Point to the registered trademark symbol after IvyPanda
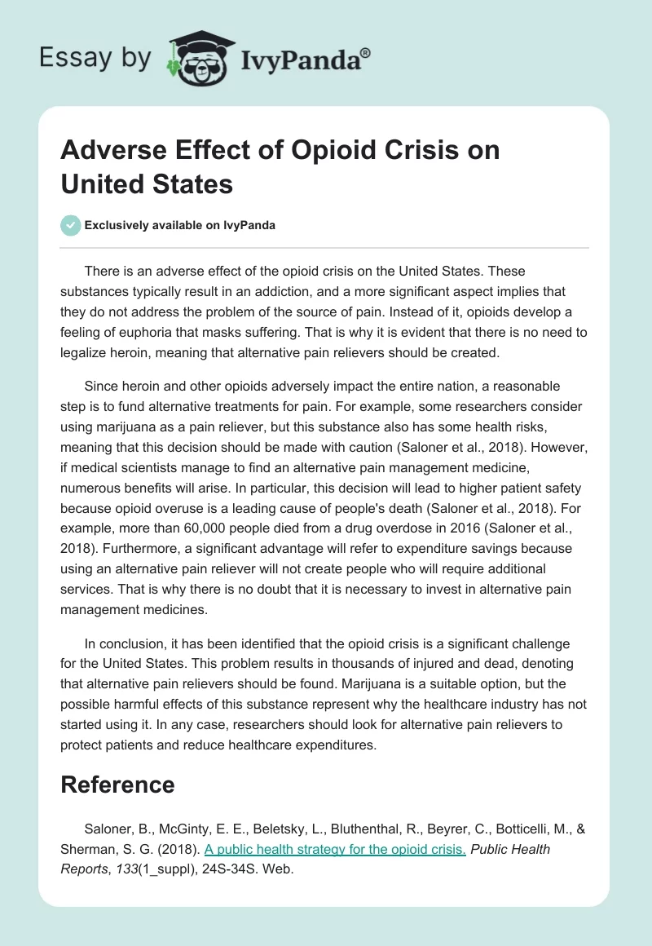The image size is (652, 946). pos(365,54)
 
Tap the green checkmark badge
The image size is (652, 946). pos(71,225)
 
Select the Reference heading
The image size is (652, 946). pos(118,785)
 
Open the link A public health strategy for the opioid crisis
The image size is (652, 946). pos(335,850)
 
